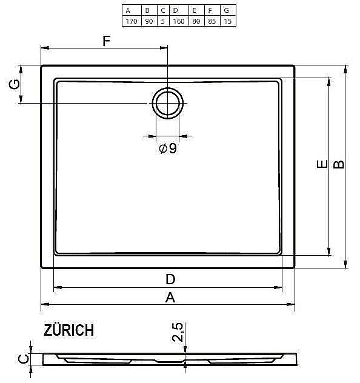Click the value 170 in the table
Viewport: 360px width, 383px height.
pyautogui.click(x=130, y=21)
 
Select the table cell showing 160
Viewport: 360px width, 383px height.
pyautogui.click(x=178, y=21)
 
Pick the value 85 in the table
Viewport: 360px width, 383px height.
pyautogui.click(x=210, y=21)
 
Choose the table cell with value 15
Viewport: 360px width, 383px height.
pyautogui.click(x=227, y=21)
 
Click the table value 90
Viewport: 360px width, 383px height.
pyautogui.click(x=147, y=21)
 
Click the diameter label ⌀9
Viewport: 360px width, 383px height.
pyautogui.click(x=168, y=148)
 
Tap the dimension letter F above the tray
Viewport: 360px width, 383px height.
pyautogui.click(x=106, y=41)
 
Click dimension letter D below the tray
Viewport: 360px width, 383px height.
pyautogui.click(x=170, y=279)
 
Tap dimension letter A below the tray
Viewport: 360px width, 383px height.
pyautogui.click(x=170, y=297)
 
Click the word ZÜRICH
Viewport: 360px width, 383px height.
pyautogui.click(x=68, y=330)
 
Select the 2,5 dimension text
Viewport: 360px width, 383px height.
pyautogui.click(x=178, y=333)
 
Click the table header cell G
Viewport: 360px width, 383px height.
pyautogui.click(x=227, y=10)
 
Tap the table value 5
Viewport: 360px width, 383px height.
pyautogui.click(x=163, y=21)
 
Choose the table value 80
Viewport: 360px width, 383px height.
pyautogui.click(x=195, y=21)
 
